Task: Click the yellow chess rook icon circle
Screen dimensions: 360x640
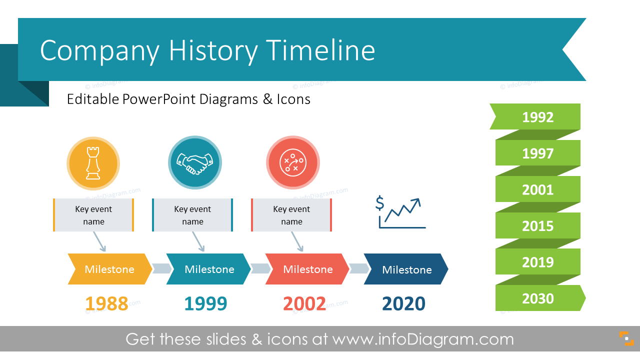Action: tap(93, 163)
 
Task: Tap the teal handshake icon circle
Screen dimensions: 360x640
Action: tap(195, 163)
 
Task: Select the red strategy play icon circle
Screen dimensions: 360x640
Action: tap(292, 163)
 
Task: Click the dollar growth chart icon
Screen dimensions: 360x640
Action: tap(400, 212)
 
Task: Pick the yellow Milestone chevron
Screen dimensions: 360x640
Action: tap(109, 269)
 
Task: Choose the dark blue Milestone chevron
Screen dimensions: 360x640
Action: tap(406, 269)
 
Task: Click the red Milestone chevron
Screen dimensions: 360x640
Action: tap(307, 269)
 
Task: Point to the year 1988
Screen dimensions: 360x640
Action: tap(106, 303)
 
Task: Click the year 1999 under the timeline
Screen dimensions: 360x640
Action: tap(205, 303)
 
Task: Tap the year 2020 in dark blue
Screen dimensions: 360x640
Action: tap(403, 303)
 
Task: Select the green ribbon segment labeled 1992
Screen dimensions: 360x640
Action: tap(537, 117)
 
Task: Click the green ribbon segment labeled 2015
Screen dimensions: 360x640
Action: tap(537, 225)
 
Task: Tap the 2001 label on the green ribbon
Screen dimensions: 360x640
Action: tap(537, 189)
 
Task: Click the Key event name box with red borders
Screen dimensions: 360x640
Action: tap(291, 215)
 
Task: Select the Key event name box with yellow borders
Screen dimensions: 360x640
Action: tap(93, 215)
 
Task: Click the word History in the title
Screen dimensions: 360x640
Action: tap(213, 50)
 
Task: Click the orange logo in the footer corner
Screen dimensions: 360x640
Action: tap(626, 338)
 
